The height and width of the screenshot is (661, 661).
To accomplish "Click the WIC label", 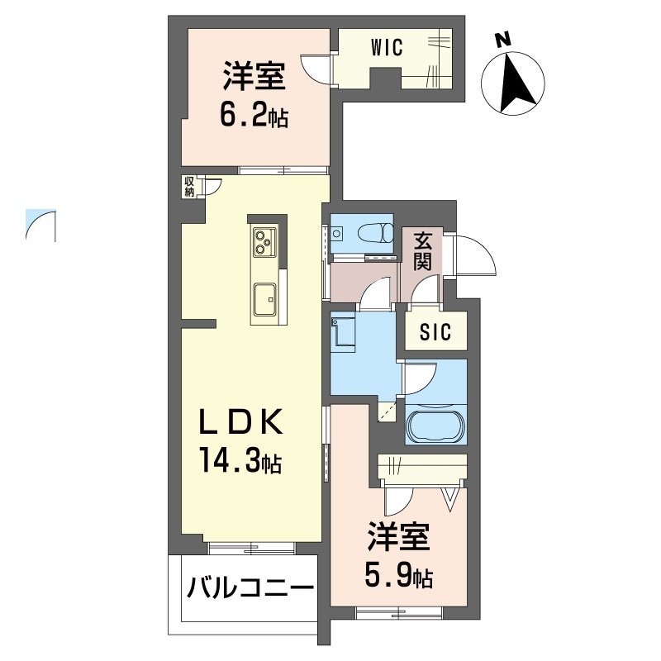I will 387,47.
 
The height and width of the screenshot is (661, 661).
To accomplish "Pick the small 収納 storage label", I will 189,187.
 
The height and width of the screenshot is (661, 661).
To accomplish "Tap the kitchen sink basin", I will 265,297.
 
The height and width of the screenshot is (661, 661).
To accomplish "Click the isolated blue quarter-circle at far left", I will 40,225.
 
